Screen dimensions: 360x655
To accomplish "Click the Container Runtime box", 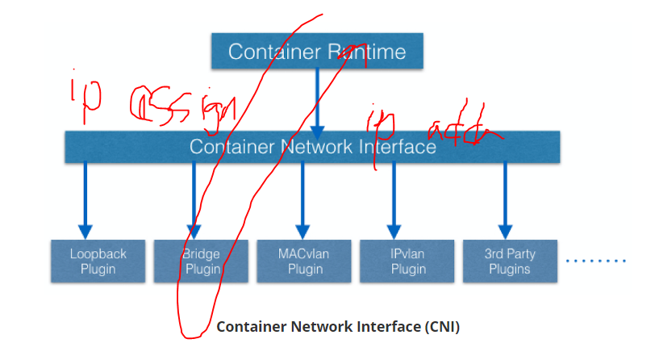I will pos(317,51).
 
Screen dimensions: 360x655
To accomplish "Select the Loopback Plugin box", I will pos(98,261).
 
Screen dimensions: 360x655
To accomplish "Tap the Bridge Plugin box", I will pos(202,261).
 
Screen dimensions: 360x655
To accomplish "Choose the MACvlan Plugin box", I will pos(303,261).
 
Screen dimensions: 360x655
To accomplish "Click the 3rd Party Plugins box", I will pos(510,261).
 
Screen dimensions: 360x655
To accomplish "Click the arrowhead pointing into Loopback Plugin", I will pos(86,232).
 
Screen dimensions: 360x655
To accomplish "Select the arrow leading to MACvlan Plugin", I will pos(303,202).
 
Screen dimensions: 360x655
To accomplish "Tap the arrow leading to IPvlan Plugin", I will pos(394,202).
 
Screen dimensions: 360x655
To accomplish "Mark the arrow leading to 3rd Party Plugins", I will pos(504,202).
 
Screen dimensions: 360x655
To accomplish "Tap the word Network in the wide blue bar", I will pos(311,147).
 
